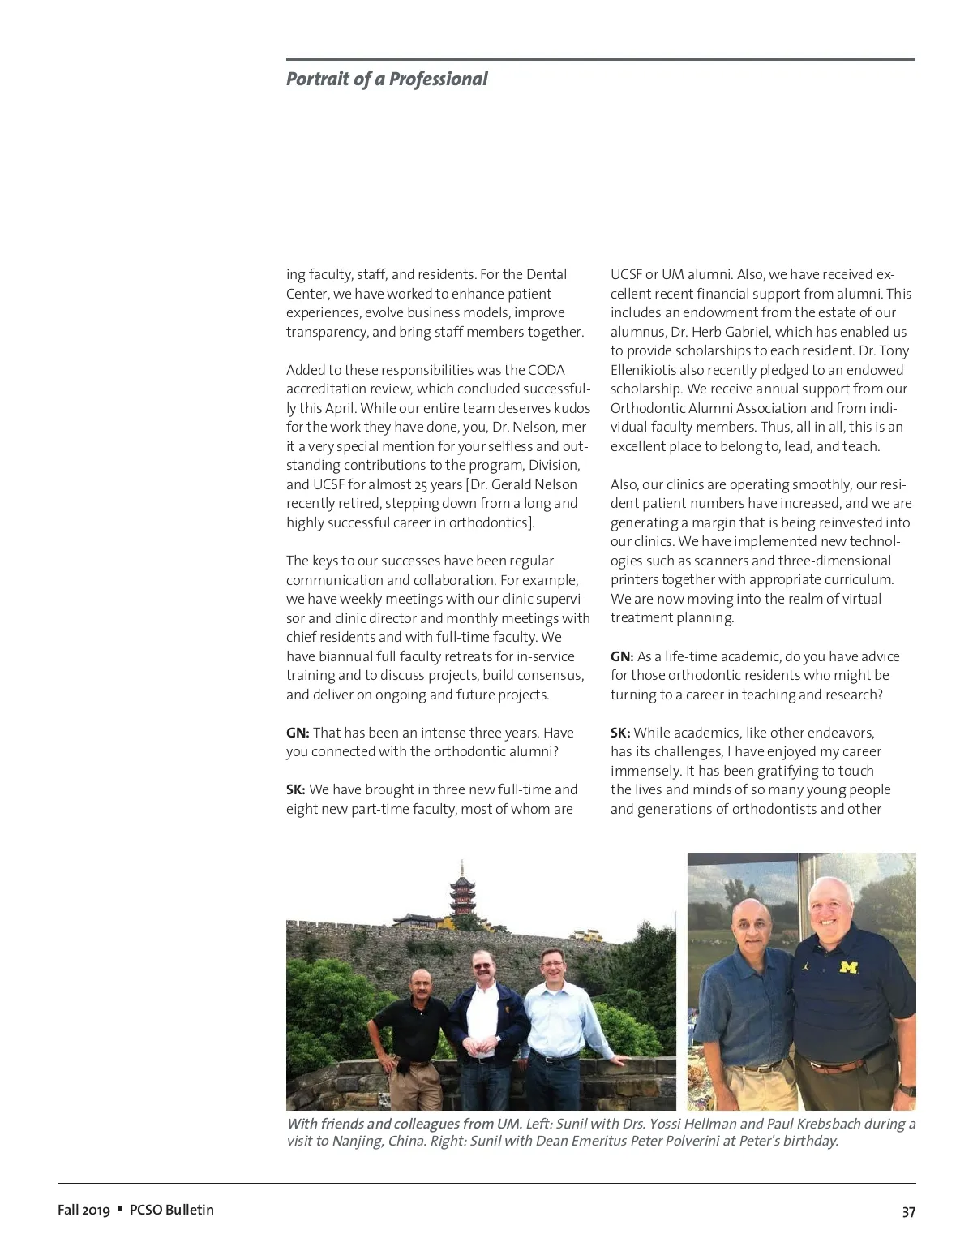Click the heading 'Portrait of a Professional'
(387, 79)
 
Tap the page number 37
(908, 1211)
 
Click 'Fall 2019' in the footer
(83, 1210)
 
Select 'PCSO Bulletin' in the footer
(172, 1210)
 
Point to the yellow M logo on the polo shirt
(848, 966)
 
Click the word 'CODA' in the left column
(547, 370)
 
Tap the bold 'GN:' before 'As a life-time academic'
(622, 656)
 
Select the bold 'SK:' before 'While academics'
(620, 733)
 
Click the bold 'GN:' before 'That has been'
(298, 733)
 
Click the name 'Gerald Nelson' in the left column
(538, 484)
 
